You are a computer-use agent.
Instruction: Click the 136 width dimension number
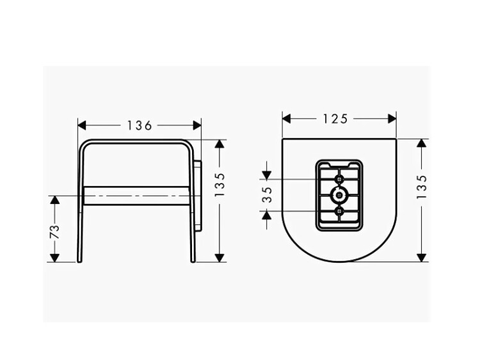point(140,125)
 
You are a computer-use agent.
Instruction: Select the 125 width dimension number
point(335,119)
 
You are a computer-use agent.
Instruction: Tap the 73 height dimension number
point(54,231)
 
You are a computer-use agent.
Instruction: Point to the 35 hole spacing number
point(268,194)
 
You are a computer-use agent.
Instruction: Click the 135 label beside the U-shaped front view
point(422,187)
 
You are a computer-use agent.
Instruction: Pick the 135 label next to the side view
point(220,185)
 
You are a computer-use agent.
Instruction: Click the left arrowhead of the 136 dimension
point(82,125)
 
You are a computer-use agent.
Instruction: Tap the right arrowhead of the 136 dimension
point(197,125)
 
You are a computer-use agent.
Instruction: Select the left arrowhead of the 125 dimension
point(286,118)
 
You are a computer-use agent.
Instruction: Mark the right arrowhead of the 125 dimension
point(392,118)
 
